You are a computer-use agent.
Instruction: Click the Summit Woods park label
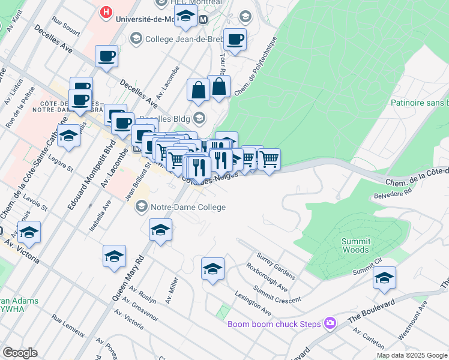[355, 245]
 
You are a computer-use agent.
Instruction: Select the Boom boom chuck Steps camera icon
[330, 324]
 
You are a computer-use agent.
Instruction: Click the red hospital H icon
[106, 11]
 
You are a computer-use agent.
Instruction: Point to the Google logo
[20, 353]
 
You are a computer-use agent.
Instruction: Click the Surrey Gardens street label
[276, 266]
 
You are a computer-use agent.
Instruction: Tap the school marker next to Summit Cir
[384, 278]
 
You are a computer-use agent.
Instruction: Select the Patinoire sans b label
[419, 103]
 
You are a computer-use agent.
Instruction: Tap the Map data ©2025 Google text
[411, 355]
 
